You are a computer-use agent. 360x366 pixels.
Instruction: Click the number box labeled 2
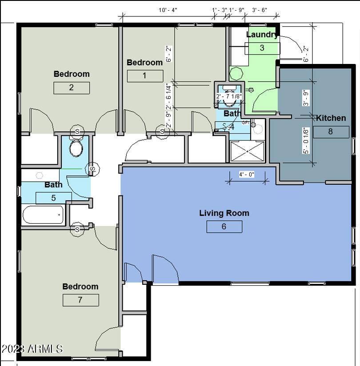[x=72, y=88]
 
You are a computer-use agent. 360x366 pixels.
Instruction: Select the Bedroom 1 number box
[x=145, y=76]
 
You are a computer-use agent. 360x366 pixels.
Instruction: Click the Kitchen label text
[x=331, y=118]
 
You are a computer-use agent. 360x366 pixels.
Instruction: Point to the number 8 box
[x=331, y=132]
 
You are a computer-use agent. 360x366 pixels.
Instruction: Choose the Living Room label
[x=224, y=213]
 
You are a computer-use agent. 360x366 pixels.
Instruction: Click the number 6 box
[x=224, y=227]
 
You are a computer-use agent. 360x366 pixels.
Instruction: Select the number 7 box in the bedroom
[x=80, y=300]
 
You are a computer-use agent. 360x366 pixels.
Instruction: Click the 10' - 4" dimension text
[x=168, y=10]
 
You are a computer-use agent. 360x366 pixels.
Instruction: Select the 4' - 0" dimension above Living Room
[x=247, y=175]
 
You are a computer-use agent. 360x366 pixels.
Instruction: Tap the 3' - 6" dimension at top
[x=260, y=10]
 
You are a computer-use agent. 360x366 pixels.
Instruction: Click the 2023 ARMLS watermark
[x=32, y=349]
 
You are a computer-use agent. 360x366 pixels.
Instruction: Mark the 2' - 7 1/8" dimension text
[x=229, y=96]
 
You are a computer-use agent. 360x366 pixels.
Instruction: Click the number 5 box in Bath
[x=53, y=198]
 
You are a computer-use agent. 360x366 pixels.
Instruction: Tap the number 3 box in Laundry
[x=262, y=48]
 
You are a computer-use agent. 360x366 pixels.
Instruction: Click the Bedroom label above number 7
[x=80, y=286]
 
